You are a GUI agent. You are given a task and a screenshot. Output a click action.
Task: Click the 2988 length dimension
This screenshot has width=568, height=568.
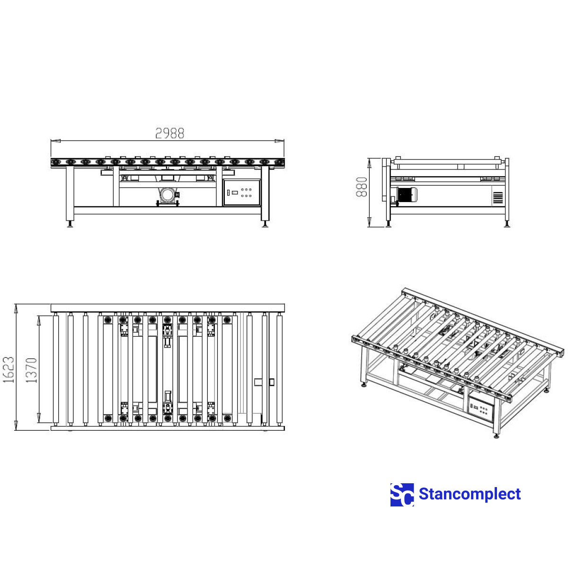[x=169, y=133]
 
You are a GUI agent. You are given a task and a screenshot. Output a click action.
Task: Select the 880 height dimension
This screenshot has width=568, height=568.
[x=361, y=187]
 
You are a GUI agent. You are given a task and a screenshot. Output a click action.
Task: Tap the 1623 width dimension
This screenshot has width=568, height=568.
[x=9, y=370]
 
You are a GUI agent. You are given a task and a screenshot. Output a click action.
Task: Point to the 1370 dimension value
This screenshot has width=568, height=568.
[x=32, y=370]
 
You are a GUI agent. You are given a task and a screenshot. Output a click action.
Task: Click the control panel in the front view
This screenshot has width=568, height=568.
[x=242, y=192]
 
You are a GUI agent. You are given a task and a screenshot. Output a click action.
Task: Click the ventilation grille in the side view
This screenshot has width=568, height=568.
[x=498, y=198]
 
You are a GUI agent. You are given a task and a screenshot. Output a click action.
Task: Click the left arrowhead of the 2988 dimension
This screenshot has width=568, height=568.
[x=56, y=141]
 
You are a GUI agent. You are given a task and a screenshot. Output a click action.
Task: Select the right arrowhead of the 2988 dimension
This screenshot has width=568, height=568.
[x=279, y=141]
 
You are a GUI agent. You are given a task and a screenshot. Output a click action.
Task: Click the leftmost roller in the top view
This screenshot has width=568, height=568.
[x=56, y=370]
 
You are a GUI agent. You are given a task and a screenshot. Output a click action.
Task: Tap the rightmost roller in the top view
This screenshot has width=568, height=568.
[x=280, y=370]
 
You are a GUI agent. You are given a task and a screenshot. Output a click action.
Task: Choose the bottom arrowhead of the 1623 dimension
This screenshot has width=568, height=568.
[x=17, y=426]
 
